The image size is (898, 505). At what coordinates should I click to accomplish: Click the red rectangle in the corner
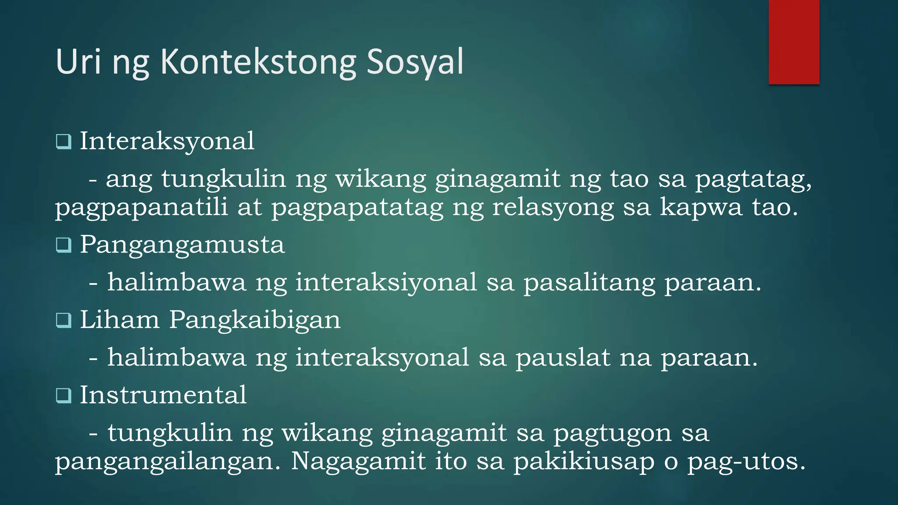(x=794, y=42)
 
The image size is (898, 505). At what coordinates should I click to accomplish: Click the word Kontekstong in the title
(x=258, y=62)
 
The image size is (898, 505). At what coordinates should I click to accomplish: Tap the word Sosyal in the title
(x=415, y=62)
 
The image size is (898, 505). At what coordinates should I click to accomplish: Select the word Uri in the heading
(x=78, y=62)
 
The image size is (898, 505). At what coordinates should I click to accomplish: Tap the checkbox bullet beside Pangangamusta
(x=64, y=245)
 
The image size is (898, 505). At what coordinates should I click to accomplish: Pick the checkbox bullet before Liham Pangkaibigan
(x=64, y=320)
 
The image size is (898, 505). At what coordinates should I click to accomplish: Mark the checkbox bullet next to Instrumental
(x=64, y=396)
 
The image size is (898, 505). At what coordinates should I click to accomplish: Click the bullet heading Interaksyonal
(x=167, y=142)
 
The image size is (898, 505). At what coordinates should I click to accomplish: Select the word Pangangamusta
(x=182, y=245)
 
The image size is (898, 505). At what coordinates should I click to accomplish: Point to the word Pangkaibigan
(x=255, y=320)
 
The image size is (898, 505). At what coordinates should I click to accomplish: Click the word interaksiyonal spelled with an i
(x=386, y=282)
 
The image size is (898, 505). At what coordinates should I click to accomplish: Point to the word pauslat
(x=563, y=358)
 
